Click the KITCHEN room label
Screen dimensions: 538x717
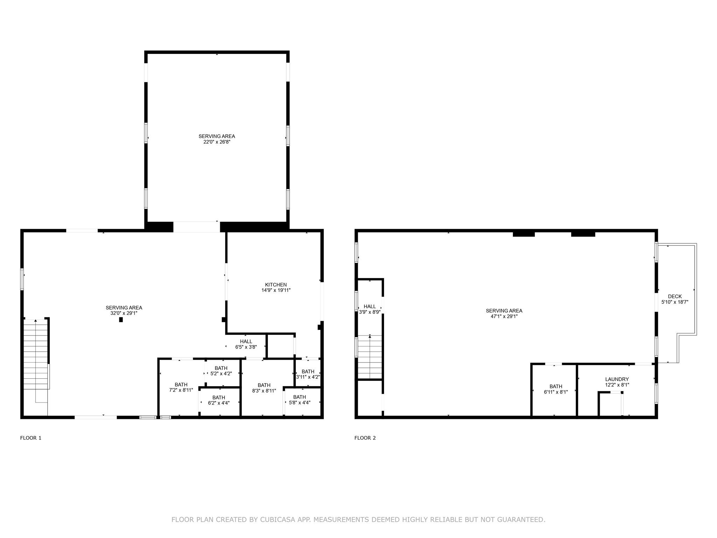tap(276, 285)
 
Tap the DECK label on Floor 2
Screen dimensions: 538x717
tap(675, 296)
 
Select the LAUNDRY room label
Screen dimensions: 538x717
tap(617, 379)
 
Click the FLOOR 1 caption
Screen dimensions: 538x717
tap(31, 438)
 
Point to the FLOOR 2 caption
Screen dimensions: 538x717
tap(365, 438)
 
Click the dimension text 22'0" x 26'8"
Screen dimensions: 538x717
tap(217, 142)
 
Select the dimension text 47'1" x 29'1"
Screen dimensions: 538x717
tap(504, 316)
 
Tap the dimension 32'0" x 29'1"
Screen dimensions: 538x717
tap(124, 313)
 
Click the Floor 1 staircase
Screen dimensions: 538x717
tap(36, 354)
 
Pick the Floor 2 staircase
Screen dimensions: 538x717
tap(370, 357)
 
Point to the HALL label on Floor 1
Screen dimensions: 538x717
tap(246, 342)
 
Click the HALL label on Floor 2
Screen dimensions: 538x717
tap(370, 306)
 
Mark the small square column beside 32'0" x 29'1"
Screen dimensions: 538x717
tap(121, 319)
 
